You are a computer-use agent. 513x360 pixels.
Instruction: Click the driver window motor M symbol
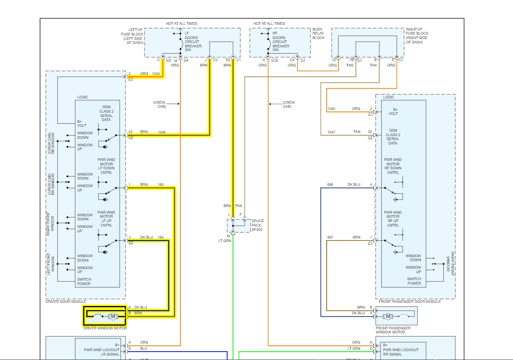pos(113,316)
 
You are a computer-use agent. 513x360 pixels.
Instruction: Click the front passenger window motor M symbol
pos(388,316)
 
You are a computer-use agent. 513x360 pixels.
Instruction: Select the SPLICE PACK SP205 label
pos(257,225)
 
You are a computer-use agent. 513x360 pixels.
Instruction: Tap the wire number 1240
pos(156,74)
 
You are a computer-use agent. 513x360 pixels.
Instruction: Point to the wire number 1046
pos(161,132)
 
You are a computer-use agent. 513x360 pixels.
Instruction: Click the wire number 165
pos(161,184)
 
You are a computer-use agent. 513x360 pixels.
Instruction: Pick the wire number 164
pos(161,238)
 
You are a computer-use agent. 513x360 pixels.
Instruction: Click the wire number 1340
pos(331,109)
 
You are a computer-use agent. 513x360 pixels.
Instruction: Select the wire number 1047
pos(331,132)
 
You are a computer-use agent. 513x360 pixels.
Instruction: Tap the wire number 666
pos(330,184)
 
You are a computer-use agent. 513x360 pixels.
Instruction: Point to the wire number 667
pos(330,237)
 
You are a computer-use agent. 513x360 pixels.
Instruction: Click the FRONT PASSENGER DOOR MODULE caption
pos(410,301)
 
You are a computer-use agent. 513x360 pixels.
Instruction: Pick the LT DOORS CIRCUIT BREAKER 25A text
pos(193,42)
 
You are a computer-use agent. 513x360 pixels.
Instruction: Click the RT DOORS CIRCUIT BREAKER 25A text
pos(281,42)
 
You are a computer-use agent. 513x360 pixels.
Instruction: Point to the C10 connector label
pos(274,60)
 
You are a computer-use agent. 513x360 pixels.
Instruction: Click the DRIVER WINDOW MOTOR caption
pos(105,328)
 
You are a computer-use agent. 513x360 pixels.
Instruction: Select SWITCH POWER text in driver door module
pos(84,282)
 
